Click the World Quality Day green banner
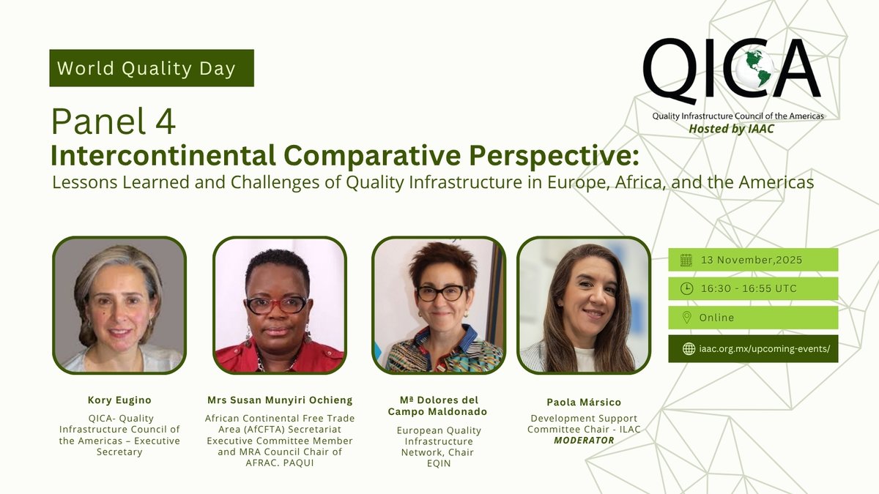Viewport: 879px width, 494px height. tap(152, 68)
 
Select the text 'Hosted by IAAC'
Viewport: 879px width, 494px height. tap(731, 129)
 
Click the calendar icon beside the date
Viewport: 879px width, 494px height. tap(686, 260)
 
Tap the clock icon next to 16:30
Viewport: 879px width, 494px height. tap(686, 288)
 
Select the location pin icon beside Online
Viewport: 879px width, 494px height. tap(686, 318)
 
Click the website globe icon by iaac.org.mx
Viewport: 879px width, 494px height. tap(688, 348)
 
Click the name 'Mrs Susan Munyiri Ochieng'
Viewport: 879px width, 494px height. tap(279, 400)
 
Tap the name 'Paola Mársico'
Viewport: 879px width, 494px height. tap(583, 403)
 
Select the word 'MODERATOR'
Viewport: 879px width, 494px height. tap(584, 440)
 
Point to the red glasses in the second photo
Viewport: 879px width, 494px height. tap(276, 304)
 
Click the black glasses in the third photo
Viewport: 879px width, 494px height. tap(441, 293)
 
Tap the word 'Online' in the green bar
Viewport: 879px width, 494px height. tap(717, 318)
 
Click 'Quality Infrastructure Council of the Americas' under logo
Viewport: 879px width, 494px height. tap(738, 116)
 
